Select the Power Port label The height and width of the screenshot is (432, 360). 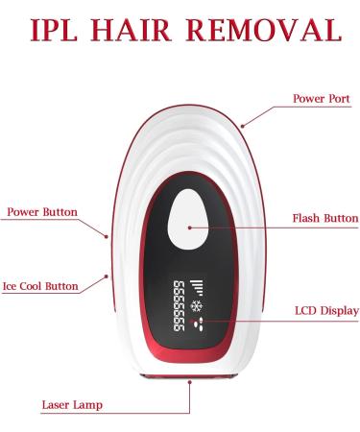pos(322,99)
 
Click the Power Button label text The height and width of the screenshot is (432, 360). pos(41,211)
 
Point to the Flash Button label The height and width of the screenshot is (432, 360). pos(324,218)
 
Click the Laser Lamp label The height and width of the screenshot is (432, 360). pos(73,404)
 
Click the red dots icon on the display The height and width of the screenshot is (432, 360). pos(201,326)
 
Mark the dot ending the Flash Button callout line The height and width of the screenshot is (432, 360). pos(190,228)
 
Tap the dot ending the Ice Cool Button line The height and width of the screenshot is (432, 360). pos(107,276)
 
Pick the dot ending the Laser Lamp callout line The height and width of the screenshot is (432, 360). pos(191,383)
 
